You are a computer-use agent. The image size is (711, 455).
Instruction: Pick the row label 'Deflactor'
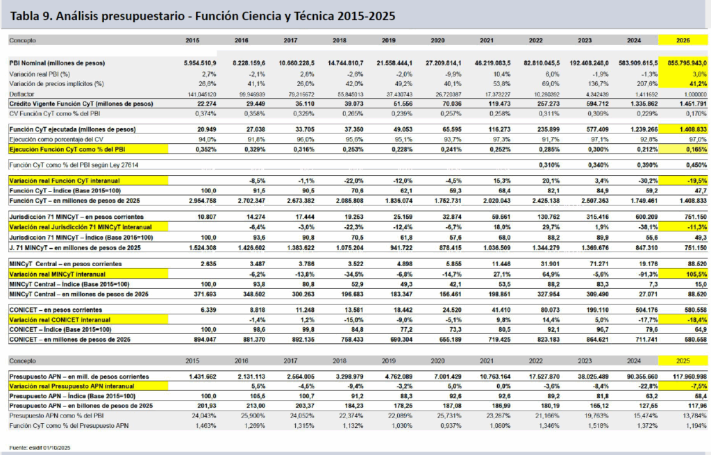[22, 94]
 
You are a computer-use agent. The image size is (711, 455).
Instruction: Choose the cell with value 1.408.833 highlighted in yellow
[683, 129]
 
